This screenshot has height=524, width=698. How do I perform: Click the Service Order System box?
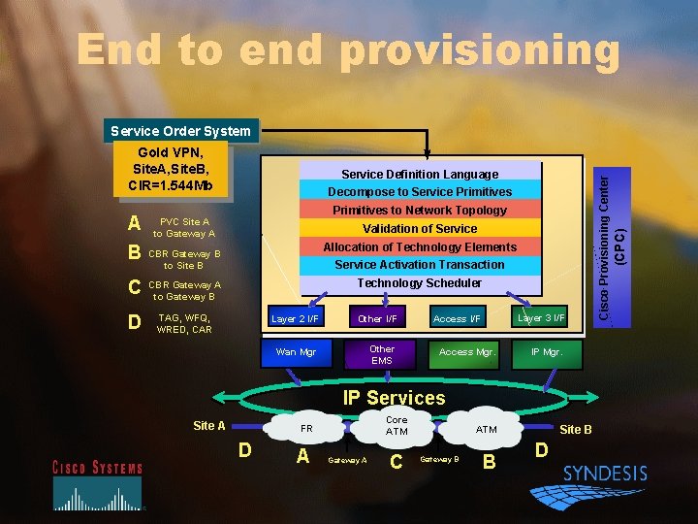pyautogui.click(x=181, y=131)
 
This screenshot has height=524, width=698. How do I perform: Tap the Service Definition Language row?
pyautogui.click(x=420, y=174)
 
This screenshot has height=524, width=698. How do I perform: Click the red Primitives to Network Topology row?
pyautogui.click(x=420, y=210)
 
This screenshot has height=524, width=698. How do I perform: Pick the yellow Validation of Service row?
pyautogui.click(x=420, y=228)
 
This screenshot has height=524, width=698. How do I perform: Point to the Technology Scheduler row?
pyautogui.click(x=420, y=283)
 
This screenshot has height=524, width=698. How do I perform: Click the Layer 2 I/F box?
pyautogui.click(x=295, y=318)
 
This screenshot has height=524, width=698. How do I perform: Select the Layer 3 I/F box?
pyautogui.click(x=541, y=317)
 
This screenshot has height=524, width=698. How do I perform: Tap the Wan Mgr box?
pyautogui.click(x=297, y=352)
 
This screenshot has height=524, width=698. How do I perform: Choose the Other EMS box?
pyautogui.click(x=382, y=354)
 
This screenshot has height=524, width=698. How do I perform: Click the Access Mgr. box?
pyautogui.click(x=467, y=352)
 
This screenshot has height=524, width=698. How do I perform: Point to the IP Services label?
pyautogui.click(x=394, y=398)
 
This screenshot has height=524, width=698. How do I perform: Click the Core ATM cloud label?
pyautogui.click(x=397, y=425)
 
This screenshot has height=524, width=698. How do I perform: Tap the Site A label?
pyautogui.click(x=209, y=425)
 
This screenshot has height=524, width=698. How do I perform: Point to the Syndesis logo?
pyautogui.click(x=605, y=475)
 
